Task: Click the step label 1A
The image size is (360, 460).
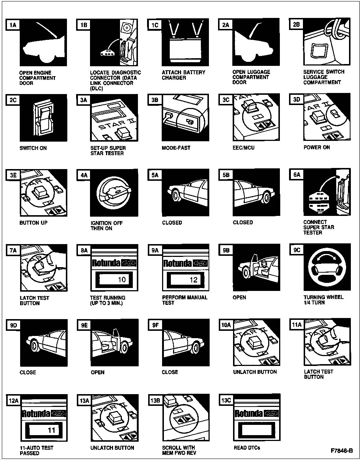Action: click(13, 25)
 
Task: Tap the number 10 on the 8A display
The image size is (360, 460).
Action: click(122, 280)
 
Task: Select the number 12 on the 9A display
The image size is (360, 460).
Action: click(194, 280)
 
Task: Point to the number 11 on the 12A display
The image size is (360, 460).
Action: click(52, 430)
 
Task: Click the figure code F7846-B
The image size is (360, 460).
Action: click(342, 450)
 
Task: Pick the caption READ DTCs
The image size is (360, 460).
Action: click(247, 448)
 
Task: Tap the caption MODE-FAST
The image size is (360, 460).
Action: click(176, 148)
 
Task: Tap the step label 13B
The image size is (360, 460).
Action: click(155, 400)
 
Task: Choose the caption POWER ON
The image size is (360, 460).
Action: click(316, 147)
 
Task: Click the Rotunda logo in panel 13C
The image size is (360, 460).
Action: click(257, 413)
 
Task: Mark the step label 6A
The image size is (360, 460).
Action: click(297, 175)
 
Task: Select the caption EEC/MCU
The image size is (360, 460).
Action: click(243, 147)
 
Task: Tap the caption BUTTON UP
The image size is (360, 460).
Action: click(33, 223)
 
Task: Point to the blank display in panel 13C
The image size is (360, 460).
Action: click(257, 430)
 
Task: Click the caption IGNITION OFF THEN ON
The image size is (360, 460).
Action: click(107, 226)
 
